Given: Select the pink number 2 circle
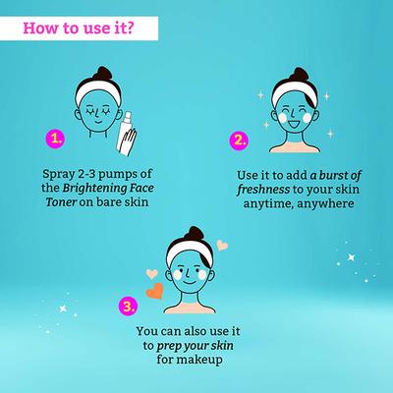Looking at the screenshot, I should [x=239, y=140].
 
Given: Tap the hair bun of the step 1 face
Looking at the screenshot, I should [x=97, y=73].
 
